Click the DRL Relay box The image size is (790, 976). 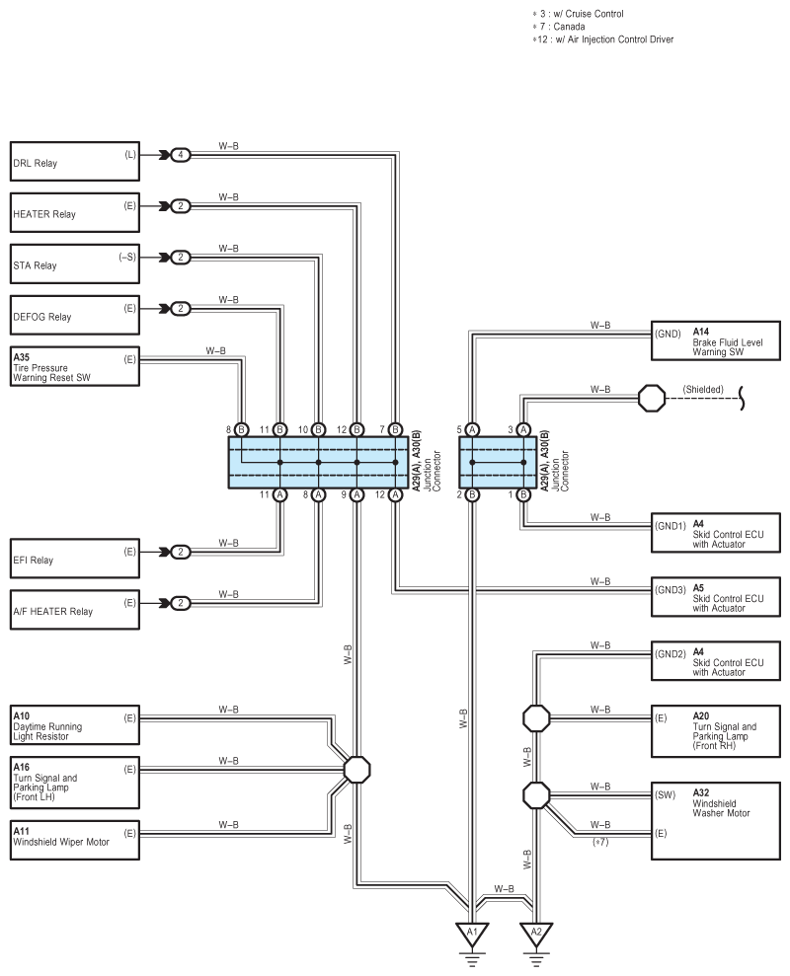[x=75, y=161]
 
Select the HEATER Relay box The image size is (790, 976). [x=75, y=212]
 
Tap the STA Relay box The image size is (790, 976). [x=75, y=263]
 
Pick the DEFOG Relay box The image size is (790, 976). [x=75, y=315]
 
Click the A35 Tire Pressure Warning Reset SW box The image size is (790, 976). [x=75, y=367]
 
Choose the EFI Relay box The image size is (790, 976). [x=75, y=559]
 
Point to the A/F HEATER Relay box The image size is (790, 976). [x=75, y=610]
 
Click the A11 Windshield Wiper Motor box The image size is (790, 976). [x=75, y=840]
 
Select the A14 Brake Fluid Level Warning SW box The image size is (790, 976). [x=716, y=340]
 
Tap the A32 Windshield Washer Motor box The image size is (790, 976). [x=716, y=821]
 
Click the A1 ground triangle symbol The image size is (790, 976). [x=472, y=934]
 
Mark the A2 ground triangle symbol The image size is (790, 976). [x=536, y=934]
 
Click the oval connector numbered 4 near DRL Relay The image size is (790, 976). [x=181, y=155]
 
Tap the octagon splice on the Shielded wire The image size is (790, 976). [x=652, y=398]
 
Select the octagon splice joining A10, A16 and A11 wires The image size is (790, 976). [x=357, y=770]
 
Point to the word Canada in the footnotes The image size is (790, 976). [x=569, y=27]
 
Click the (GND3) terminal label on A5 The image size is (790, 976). [x=671, y=589]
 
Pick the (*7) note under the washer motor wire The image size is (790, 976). [x=600, y=842]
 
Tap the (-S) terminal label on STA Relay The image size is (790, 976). [x=127, y=257]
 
